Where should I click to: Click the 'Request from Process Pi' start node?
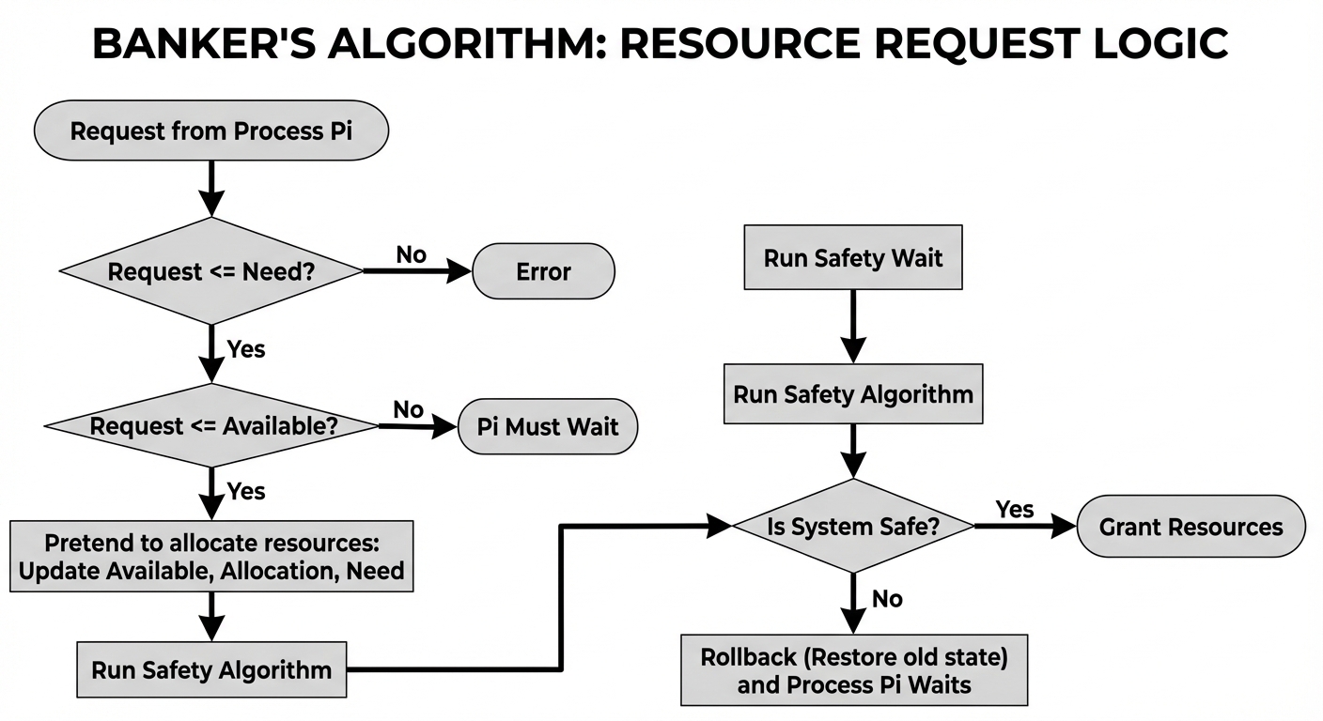click(210, 130)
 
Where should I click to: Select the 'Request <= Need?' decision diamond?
click(210, 271)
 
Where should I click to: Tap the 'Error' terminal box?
click(543, 271)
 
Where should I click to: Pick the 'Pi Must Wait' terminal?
click(548, 427)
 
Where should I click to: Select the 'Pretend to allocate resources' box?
click(211, 557)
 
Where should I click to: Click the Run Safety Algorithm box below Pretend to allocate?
click(211, 669)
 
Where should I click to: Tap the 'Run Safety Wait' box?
click(852, 257)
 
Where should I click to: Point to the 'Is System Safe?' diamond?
click(852, 527)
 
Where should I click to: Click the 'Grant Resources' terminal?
click(1191, 527)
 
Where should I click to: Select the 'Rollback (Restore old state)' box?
click(853, 670)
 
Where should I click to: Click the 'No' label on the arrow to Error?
click(411, 254)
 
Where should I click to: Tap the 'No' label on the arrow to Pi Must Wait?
click(408, 409)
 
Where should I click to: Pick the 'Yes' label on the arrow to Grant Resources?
click(1015, 509)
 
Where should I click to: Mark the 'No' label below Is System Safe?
click(887, 599)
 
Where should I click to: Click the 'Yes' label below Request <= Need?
click(246, 349)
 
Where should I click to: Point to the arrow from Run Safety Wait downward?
click(852, 325)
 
